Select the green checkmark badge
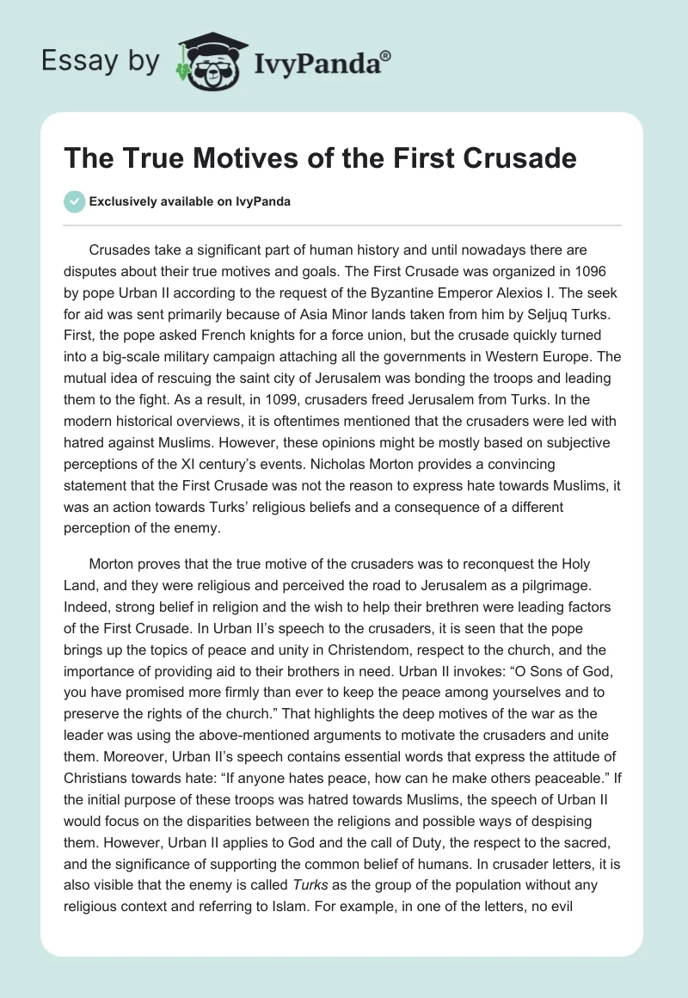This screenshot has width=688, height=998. point(74,201)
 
